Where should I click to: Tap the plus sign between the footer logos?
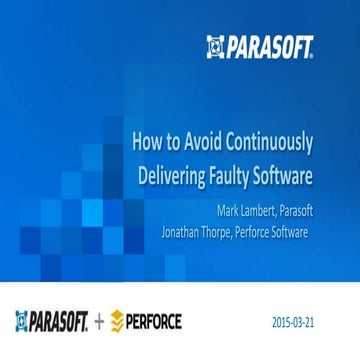pos(98,322)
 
